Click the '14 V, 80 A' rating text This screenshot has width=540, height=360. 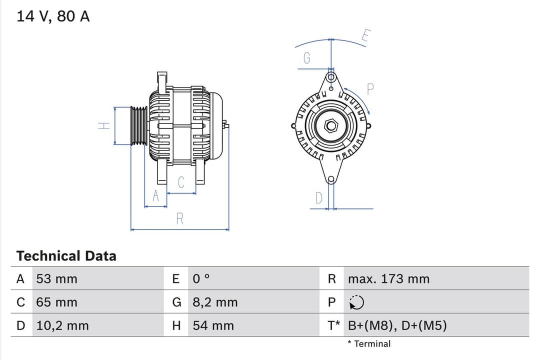click(x=53, y=16)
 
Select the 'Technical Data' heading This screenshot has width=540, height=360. click(x=66, y=256)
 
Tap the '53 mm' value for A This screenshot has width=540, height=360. click(x=56, y=278)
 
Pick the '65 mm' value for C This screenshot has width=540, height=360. click(x=56, y=302)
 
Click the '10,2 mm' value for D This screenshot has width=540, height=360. click(x=62, y=325)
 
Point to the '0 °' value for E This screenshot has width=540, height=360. click(x=201, y=278)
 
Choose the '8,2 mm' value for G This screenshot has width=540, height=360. click(x=215, y=302)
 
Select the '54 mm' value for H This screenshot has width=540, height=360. click(x=213, y=325)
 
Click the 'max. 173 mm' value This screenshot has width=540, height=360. click(x=388, y=278)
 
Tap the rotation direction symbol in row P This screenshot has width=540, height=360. click(x=357, y=302)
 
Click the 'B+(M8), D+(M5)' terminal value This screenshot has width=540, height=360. click(x=397, y=325)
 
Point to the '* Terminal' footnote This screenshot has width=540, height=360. click(x=369, y=343)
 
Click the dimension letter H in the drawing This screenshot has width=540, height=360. click(x=103, y=126)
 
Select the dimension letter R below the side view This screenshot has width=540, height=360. click(x=179, y=218)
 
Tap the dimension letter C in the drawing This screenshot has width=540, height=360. click(x=181, y=182)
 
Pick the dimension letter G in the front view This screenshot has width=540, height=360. click(x=307, y=58)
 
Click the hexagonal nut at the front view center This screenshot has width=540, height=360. click(x=330, y=125)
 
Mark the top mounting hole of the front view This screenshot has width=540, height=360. click(x=330, y=77)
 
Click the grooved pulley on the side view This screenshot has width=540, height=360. click(x=138, y=126)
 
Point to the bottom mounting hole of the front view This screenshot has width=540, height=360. click(x=330, y=179)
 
